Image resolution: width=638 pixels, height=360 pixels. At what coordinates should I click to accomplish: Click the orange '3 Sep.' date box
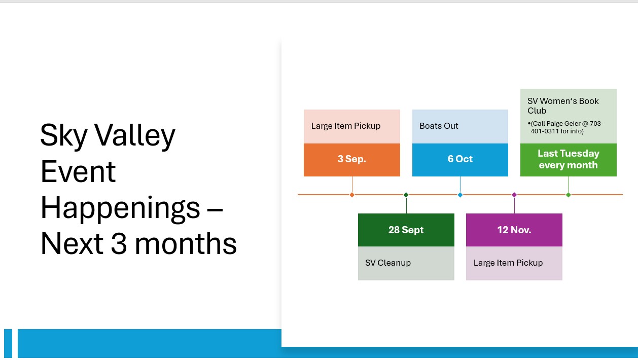[352, 160]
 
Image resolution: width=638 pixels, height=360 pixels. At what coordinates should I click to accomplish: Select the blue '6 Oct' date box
[460, 160]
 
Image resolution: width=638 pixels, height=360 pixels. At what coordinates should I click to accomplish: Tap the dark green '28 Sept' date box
[406, 230]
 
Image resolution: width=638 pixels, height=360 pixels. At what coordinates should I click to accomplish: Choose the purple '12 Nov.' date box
[514, 230]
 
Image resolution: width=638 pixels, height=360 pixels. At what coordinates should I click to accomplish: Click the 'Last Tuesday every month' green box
[569, 160]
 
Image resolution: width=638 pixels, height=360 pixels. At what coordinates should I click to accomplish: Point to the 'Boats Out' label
[439, 126]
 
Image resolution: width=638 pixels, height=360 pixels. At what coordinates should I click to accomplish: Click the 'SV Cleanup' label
[388, 263]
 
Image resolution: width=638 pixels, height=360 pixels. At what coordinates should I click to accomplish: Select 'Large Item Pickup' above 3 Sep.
[346, 126]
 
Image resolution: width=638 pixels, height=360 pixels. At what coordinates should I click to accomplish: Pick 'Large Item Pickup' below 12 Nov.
[508, 263]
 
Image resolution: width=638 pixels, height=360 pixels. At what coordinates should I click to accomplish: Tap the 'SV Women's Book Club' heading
[563, 105]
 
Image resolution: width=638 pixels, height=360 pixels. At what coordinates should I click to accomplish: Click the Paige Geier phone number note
[565, 127]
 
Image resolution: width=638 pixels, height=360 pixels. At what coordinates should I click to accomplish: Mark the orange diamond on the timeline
[352, 195]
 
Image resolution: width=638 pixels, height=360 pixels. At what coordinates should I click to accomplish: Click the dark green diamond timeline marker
[406, 195]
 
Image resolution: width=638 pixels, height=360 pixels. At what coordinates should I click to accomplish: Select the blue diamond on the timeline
[460, 195]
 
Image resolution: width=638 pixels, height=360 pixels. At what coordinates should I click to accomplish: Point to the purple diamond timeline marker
[514, 195]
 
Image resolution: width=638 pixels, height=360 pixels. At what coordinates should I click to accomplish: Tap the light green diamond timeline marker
[569, 195]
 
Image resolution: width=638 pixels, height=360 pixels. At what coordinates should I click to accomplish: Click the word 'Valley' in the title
[135, 136]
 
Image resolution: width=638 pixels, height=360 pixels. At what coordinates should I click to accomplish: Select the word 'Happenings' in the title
[120, 209]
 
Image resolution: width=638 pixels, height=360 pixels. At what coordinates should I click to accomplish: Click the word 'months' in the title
[186, 244]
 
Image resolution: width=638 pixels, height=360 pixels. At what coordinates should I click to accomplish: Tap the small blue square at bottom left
[8, 343]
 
